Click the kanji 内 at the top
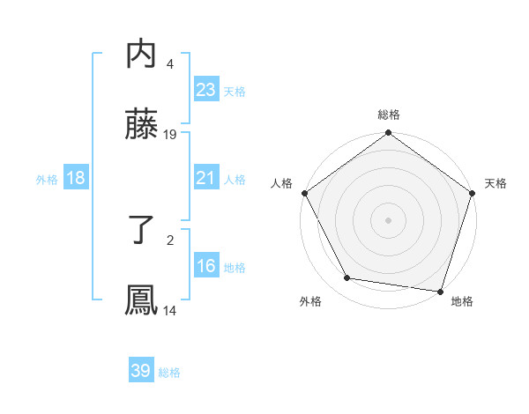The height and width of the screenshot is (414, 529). click(x=141, y=55)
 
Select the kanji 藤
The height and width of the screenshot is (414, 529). click(x=141, y=126)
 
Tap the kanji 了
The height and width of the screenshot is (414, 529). click(x=141, y=230)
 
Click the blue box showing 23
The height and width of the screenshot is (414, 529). click(x=205, y=89)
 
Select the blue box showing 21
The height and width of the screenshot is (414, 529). click(x=205, y=178)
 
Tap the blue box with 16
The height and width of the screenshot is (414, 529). click(x=205, y=266)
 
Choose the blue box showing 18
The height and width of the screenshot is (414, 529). click(x=76, y=178)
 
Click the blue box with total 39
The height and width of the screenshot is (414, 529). click(x=141, y=371)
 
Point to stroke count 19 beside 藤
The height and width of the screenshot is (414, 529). click(x=170, y=135)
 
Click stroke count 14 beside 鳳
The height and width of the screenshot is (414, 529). click(x=170, y=310)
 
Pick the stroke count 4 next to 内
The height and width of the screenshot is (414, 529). click(x=169, y=63)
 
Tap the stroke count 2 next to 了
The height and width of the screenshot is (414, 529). click(x=169, y=239)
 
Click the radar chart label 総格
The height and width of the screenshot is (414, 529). click(x=389, y=115)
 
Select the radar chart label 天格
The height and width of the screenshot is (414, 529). click(x=495, y=183)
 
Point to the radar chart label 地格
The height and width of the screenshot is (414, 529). click(x=462, y=302)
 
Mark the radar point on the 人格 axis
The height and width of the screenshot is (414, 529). click(x=304, y=193)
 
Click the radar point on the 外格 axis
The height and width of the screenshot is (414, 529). click(x=347, y=278)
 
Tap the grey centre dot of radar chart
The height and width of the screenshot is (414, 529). click(x=389, y=219)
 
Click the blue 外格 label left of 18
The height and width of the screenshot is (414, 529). click(x=47, y=179)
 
